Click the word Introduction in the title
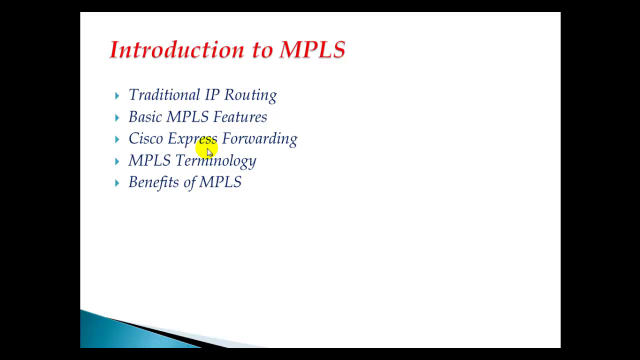[x=177, y=49]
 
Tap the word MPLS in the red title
[x=312, y=49]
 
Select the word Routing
[x=250, y=95]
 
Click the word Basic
[x=145, y=116]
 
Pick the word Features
[x=240, y=116]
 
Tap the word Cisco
[x=145, y=138]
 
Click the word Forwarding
[x=259, y=139]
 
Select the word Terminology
[x=216, y=161]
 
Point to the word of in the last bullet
[x=189, y=182]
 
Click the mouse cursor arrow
[x=209, y=152]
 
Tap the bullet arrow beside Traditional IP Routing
[x=117, y=95]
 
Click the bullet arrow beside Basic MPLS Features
[x=117, y=117]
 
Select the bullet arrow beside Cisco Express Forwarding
[x=117, y=139]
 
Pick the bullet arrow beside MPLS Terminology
[x=117, y=161]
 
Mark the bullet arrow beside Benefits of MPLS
[x=117, y=183]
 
